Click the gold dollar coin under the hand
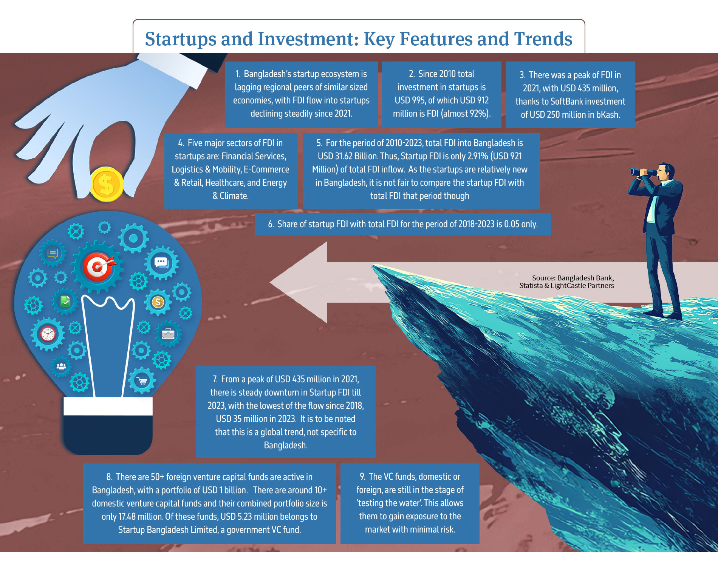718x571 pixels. (x=107, y=184)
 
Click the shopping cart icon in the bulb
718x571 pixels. (x=142, y=381)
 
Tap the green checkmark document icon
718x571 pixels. (x=65, y=301)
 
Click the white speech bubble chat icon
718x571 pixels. (x=161, y=262)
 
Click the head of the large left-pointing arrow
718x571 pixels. (x=299, y=282)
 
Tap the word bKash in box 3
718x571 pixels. (x=608, y=114)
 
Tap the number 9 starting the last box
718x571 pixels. (x=362, y=477)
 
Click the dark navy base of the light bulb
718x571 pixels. (x=108, y=434)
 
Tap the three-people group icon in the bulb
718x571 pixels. (x=61, y=366)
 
